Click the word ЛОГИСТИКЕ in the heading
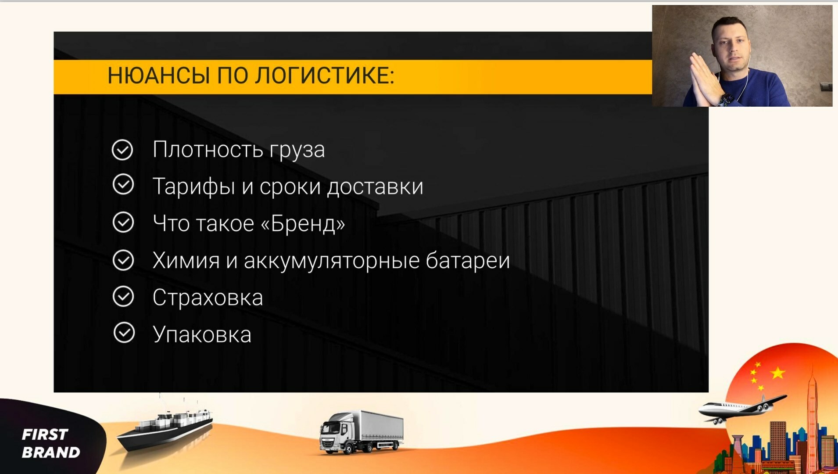coord(325,75)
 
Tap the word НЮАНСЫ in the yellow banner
coord(159,75)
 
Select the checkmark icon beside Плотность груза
coord(122,150)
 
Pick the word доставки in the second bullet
coord(375,187)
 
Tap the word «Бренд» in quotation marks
coord(303,223)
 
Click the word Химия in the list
coord(186,260)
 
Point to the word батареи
coord(468,260)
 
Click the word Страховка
coord(208,298)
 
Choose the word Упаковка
coord(202,334)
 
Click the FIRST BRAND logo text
coord(51,443)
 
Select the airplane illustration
coord(741,408)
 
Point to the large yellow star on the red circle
coord(778,373)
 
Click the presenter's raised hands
coord(704,79)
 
